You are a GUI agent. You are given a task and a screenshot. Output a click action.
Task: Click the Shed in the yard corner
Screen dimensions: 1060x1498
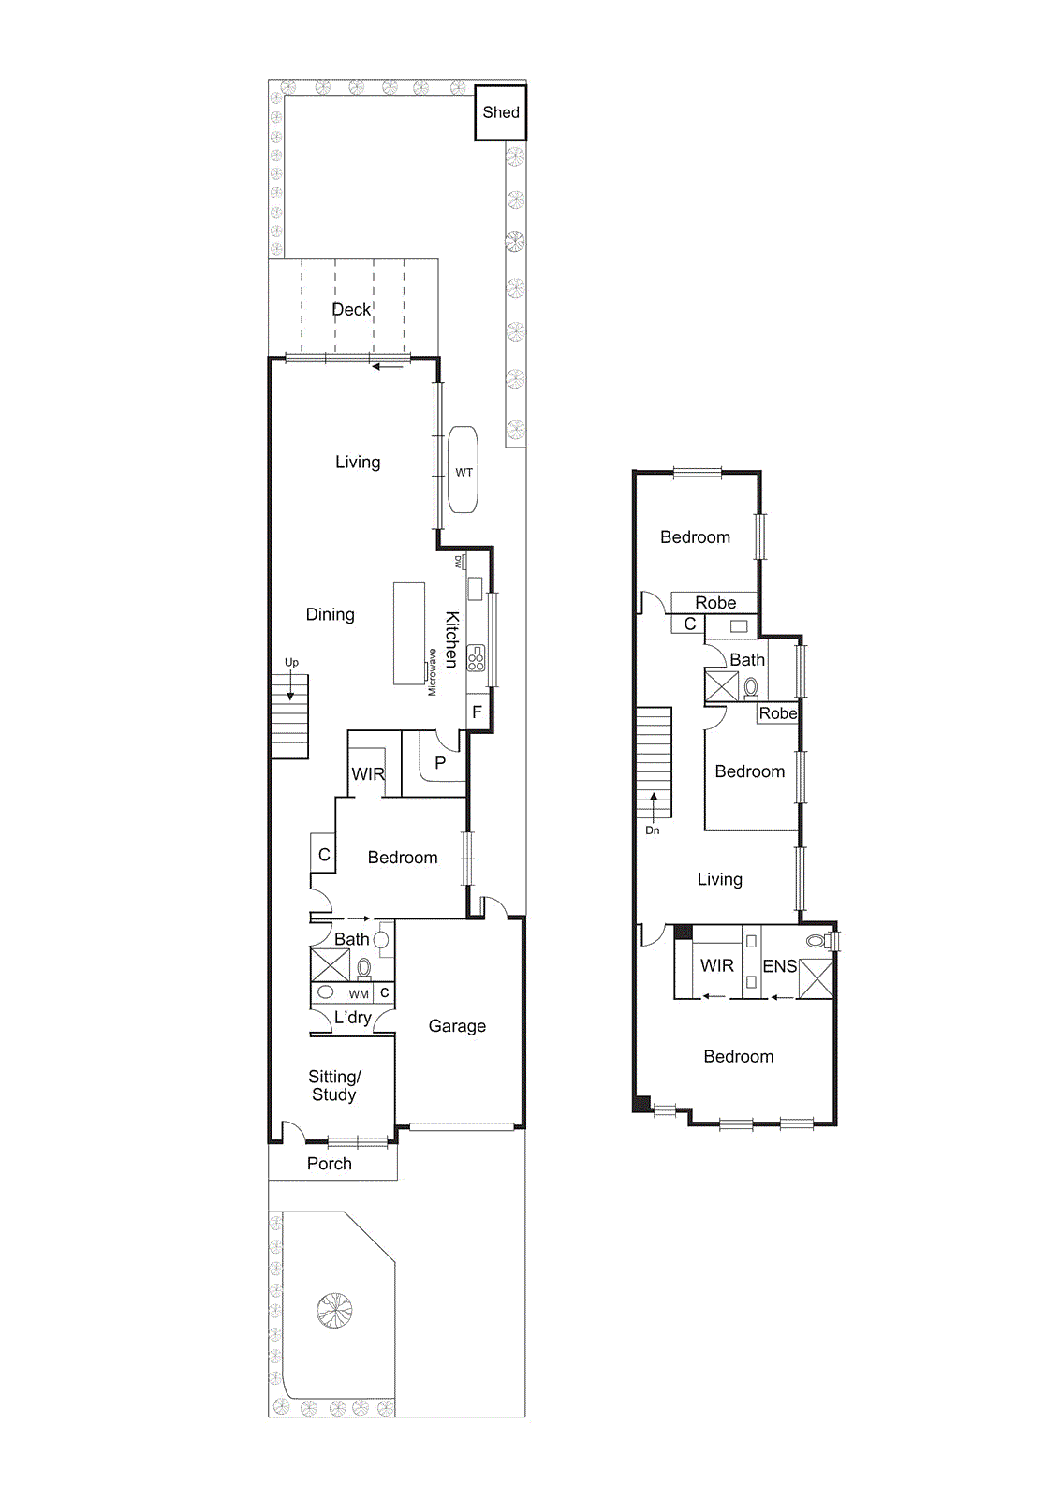pyautogui.click(x=500, y=112)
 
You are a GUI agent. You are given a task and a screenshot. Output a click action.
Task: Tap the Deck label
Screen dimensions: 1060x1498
pyautogui.click(x=351, y=310)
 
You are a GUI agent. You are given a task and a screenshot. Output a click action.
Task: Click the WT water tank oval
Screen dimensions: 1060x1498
pyautogui.click(x=463, y=469)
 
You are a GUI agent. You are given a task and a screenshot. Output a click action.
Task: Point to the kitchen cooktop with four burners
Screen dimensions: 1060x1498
pyautogui.click(x=476, y=658)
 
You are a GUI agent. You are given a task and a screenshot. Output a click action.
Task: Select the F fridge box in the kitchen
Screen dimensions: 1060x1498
pyautogui.click(x=477, y=712)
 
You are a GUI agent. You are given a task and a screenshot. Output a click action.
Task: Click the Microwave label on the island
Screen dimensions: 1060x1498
pyautogui.click(x=432, y=672)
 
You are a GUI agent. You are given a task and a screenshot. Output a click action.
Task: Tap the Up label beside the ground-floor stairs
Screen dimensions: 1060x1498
pyautogui.click(x=291, y=663)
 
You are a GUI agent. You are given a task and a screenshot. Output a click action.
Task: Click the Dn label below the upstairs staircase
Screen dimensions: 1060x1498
pyautogui.click(x=652, y=830)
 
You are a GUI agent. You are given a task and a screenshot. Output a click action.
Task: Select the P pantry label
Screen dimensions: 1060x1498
pyautogui.click(x=440, y=763)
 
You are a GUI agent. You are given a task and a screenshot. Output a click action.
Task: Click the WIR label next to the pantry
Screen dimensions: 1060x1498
pyautogui.click(x=368, y=774)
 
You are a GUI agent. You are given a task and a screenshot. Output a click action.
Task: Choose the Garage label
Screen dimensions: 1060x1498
pyautogui.click(x=458, y=1026)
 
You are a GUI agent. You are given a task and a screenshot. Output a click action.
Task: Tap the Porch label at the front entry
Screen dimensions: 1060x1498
pyautogui.click(x=329, y=1164)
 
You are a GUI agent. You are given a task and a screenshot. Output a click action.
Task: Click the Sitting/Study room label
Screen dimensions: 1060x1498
pyautogui.click(x=333, y=1085)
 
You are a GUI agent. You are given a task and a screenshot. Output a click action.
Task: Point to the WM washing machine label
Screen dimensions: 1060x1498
pyautogui.click(x=359, y=994)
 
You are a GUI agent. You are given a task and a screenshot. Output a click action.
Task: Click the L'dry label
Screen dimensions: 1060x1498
pyautogui.click(x=352, y=1018)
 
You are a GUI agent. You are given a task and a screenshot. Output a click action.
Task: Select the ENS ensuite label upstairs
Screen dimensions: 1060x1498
pyautogui.click(x=780, y=966)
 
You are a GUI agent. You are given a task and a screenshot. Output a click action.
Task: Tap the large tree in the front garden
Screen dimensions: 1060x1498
pyautogui.click(x=334, y=1310)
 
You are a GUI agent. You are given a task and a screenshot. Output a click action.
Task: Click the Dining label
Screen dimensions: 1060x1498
pyautogui.click(x=330, y=614)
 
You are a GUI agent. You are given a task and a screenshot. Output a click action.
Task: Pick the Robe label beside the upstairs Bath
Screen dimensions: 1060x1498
pyautogui.click(x=778, y=713)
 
